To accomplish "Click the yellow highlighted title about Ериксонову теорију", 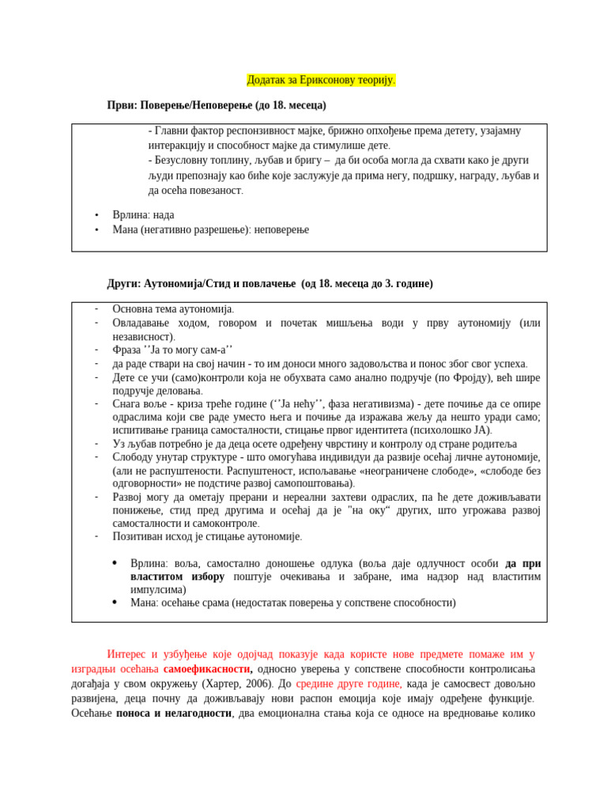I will (321, 80).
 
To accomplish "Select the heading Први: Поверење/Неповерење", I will (217, 105).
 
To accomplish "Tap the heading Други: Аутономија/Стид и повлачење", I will (270, 283).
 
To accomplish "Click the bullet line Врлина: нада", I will (143, 214).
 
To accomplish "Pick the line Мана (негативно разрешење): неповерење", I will (210, 229).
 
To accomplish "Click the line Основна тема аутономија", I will (173, 309).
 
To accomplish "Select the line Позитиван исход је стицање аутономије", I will (207, 536).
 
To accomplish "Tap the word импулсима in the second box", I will (158, 589).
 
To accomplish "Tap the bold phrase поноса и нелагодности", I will (173, 713).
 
